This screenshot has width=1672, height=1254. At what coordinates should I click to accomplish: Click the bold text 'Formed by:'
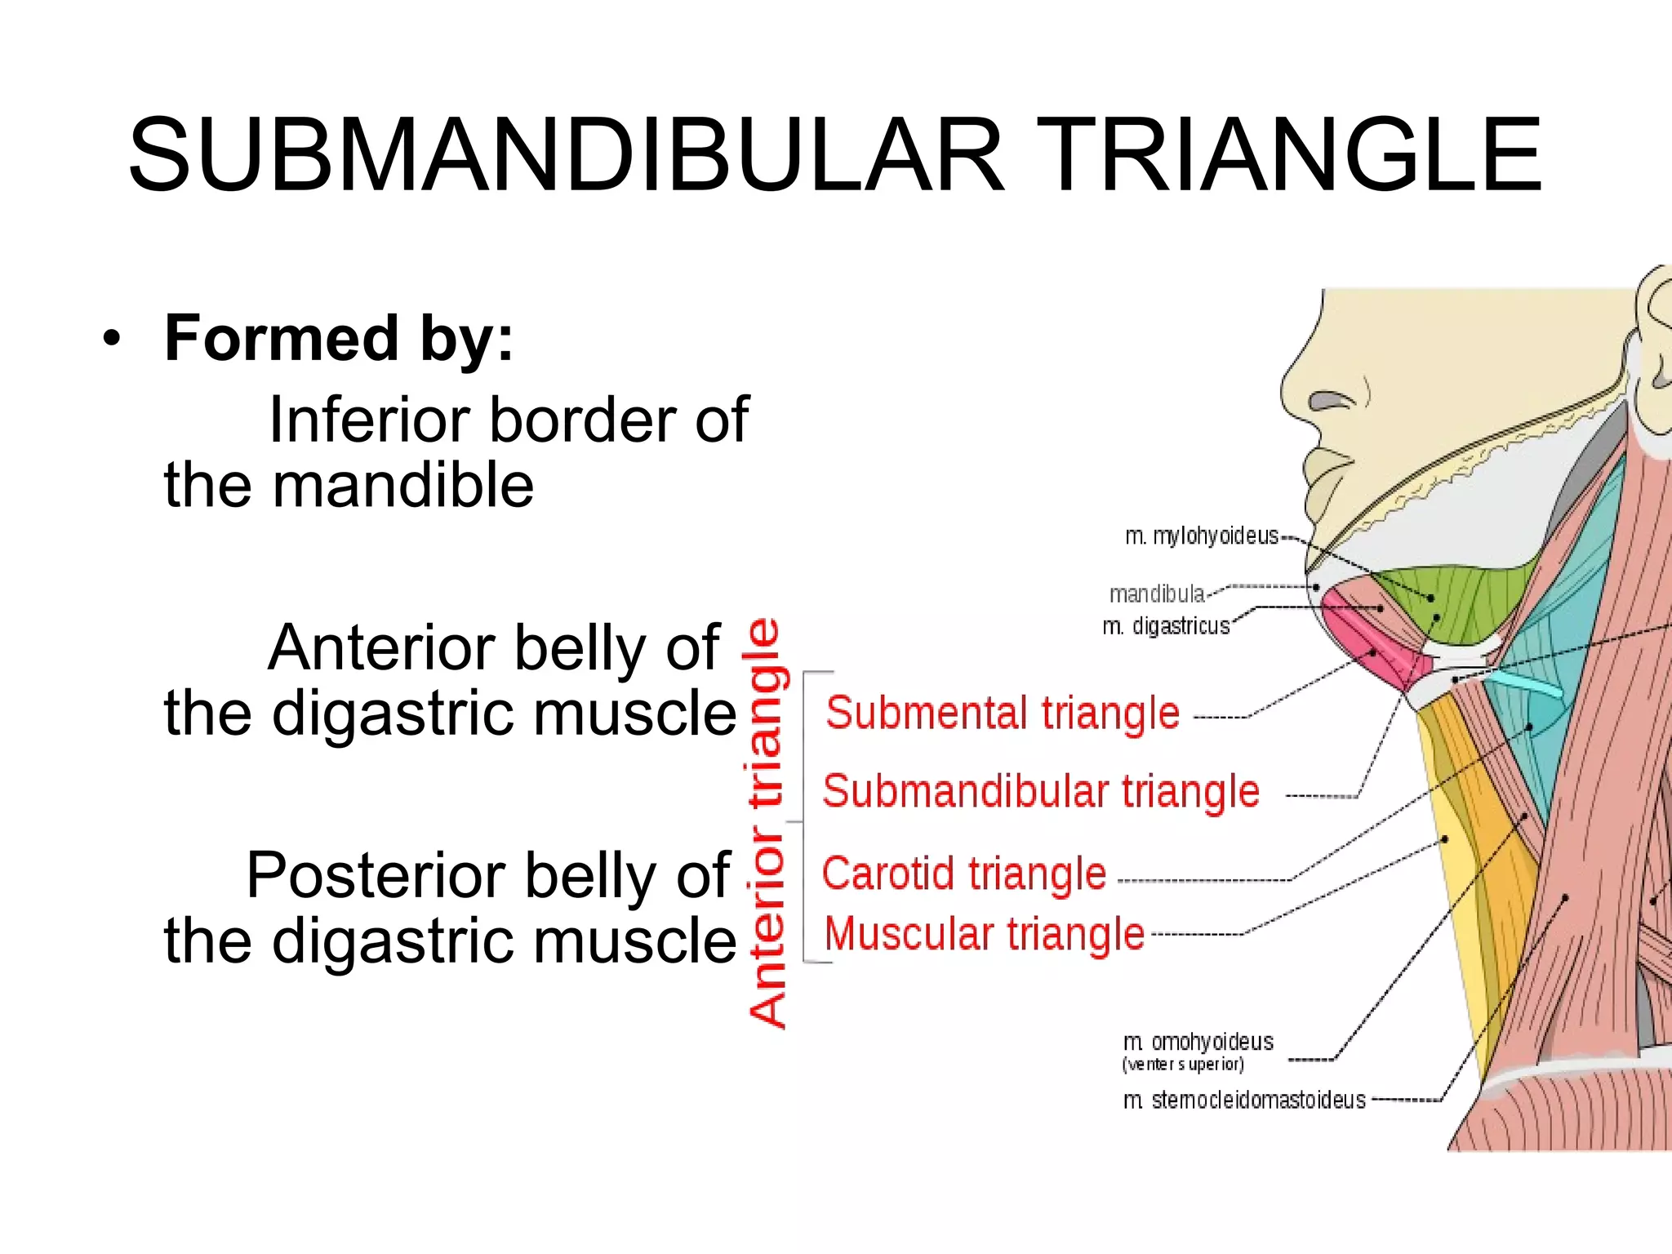coord(340,340)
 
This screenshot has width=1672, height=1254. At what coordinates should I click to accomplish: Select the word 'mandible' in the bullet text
coord(403,485)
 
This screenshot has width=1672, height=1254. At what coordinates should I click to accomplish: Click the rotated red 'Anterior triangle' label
coord(767,823)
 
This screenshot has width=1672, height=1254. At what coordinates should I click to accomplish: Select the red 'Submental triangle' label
coord(1003,713)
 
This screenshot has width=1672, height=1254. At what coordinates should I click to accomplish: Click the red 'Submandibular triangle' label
coord(1041,791)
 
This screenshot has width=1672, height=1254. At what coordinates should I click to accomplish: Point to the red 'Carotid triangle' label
coord(964,874)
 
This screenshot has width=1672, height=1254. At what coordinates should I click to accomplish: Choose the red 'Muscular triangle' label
coord(985,935)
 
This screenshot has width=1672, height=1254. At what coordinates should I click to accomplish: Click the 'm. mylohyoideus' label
coord(1202,536)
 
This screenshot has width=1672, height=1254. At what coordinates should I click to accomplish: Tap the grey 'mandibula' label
coord(1157,594)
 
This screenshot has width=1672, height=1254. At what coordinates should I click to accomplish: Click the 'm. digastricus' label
coord(1166,626)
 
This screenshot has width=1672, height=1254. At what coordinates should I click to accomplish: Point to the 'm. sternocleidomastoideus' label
coord(1244,1101)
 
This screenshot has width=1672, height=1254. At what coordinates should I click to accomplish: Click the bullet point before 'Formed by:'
coord(112,339)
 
